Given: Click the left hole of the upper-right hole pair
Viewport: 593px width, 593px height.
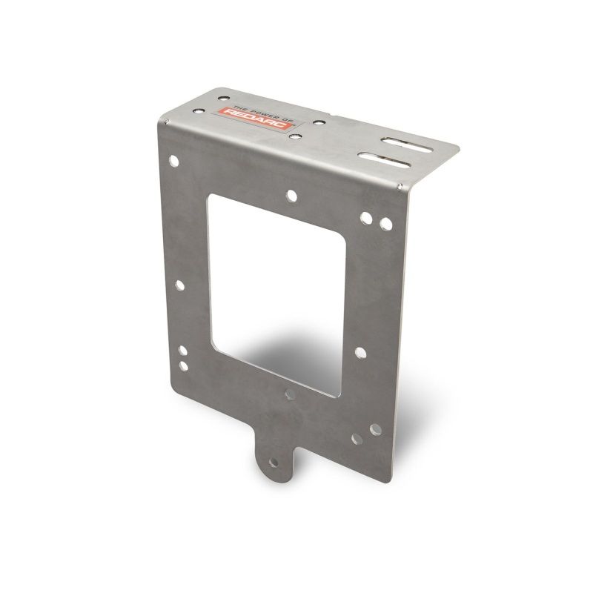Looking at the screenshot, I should coord(367,219).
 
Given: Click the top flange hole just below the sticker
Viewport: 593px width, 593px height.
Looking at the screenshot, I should coord(294,136).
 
